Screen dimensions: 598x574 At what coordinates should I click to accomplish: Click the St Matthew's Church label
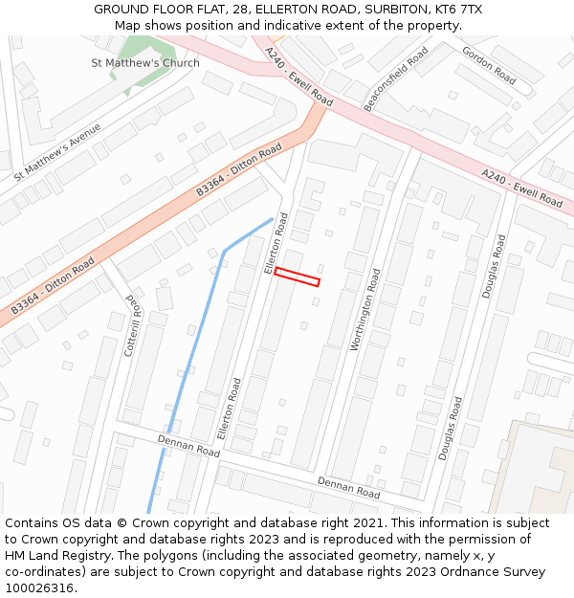[145, 63]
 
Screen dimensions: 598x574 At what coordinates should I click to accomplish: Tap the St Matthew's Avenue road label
[57, 151]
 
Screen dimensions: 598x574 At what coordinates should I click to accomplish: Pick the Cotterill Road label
[133, 325]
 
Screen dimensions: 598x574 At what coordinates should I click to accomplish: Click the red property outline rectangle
[297, 277]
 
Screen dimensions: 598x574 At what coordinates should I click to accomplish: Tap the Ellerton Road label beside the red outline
[276, 244]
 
